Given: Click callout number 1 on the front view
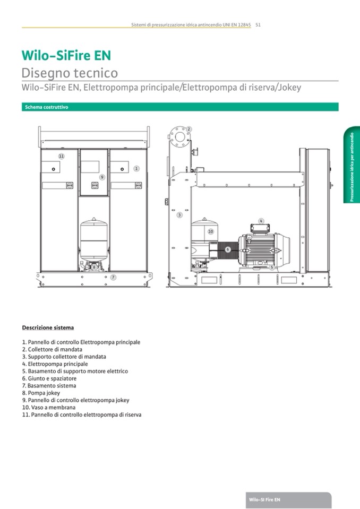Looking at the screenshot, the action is point(136,168).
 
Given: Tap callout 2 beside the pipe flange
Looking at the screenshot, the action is point(188,129).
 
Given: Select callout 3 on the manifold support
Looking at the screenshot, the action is point(179,215).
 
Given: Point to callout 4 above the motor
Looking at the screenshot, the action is point(261,221).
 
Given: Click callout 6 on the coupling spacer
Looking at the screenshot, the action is point(228,249).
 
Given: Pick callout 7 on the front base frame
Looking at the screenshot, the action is point(113,277).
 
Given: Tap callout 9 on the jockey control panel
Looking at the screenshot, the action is point(102,177).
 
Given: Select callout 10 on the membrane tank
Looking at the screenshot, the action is point(211,231).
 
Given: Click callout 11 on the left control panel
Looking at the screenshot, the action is point(62,156).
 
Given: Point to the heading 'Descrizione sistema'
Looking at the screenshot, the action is point(48,327).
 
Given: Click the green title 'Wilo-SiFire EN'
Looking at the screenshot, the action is point(66,55).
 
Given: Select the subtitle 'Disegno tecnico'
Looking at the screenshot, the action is point(70,73).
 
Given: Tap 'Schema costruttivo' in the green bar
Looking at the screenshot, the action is point(46,107).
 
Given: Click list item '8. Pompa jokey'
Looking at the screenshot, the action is point(41,393).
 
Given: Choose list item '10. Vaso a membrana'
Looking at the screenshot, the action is point(49,407).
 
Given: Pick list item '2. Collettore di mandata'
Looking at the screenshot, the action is point(52,349).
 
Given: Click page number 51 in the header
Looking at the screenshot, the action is point(258,24).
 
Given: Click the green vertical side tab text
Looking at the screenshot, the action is point(352,167).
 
